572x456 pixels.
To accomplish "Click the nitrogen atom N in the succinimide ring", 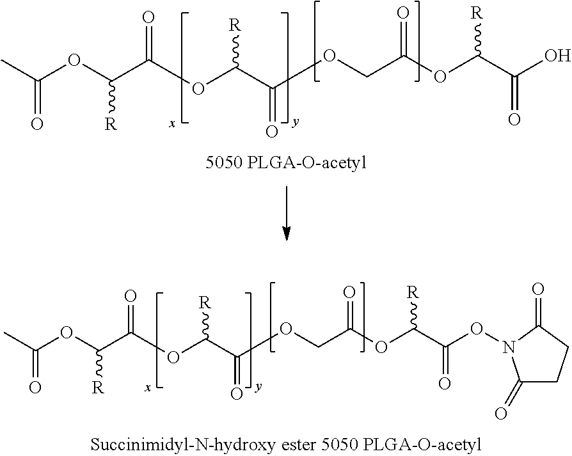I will click(509, 347).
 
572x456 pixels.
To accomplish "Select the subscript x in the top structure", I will click(171, 124).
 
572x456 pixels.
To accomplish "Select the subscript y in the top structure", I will click(295, 122).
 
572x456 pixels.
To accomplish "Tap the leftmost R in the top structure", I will click(110, 123).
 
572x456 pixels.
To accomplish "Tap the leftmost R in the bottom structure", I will click(97, 387).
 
